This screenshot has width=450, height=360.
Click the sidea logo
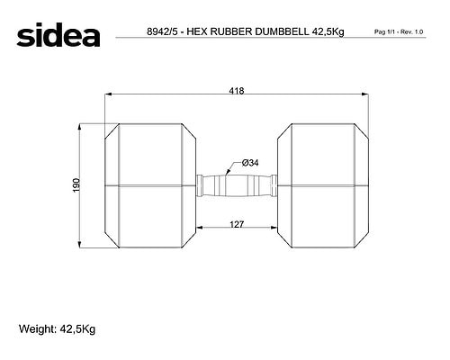click(58, 35)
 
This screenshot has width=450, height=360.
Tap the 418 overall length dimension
click(237, 91)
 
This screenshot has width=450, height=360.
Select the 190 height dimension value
click(76, 185)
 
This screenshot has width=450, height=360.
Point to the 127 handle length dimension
click(237, 224)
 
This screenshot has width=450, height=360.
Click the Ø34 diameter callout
click(250, 163)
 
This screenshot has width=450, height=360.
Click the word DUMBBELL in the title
click(282, 31)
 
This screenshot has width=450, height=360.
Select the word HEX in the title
click(197, 31)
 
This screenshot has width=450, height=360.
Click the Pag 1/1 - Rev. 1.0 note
click(399, 31)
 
